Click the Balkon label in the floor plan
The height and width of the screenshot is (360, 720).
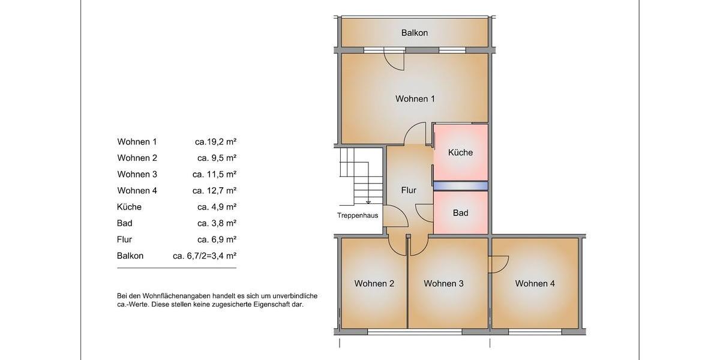pyautogui.click(x=415, y=33)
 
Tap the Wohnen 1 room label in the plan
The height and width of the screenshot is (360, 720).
pyautogui.click(x=415, y=99)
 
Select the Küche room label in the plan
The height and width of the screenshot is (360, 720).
pyautogui.click(x=460, y=152)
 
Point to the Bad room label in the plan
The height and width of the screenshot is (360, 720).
pyautogui.click(x=460, y=213)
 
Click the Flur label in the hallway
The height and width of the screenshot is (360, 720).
pyautogui.click(x=409, y=190)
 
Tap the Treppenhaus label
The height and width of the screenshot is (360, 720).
pyautogui.click(x=358, y=215)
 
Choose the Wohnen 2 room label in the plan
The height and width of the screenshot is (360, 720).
pyautogui.click(x=374, y=284)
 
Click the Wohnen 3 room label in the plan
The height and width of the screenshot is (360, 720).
pyautogui.click(x=443, y=284)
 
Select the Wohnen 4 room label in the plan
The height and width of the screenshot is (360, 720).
pyautogui.click(x=535, y=284)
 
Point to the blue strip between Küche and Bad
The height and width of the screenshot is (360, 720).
pyautogui.click(x=460, y=187)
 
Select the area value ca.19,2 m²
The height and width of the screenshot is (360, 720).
pyautogui.click(x=215, y=142)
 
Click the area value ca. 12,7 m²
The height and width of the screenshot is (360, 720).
pyautogui.click(x=214, y=191)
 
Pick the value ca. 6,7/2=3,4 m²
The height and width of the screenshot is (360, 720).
pyautogui.click(x=204, y=256)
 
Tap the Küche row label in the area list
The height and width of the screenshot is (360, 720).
pyautogui.click(x=129, y=207)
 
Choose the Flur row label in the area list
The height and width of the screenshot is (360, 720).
pyautogui.click(x=125, y=239)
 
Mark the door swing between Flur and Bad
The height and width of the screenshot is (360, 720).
pyautogui.click(x=424, y=213)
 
